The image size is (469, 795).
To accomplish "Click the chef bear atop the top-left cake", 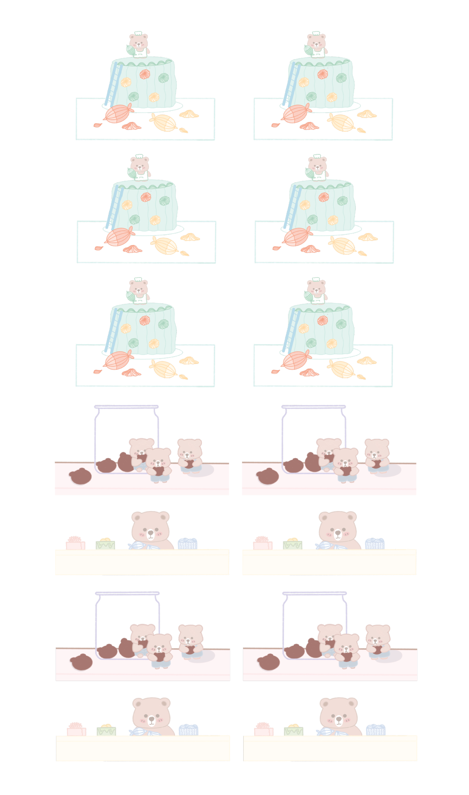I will [139, 44].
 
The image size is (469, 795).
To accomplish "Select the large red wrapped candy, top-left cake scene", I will [118, 114].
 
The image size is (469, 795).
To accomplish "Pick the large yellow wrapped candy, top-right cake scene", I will [342, 123].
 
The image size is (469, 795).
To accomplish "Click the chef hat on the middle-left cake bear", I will [139, 157].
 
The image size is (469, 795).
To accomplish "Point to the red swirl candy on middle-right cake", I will [324, 197].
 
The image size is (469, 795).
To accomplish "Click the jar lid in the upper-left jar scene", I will [126, 407].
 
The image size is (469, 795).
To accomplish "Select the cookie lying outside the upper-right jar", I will [268, 476].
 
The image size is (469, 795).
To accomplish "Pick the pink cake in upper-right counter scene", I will [262, 543].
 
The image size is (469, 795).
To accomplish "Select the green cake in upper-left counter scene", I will [105, 544].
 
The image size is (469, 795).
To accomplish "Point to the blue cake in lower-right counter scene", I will [375, 730].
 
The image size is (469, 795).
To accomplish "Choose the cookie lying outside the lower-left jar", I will [81, 662].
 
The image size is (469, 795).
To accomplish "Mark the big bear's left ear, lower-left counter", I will [138, 703].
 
